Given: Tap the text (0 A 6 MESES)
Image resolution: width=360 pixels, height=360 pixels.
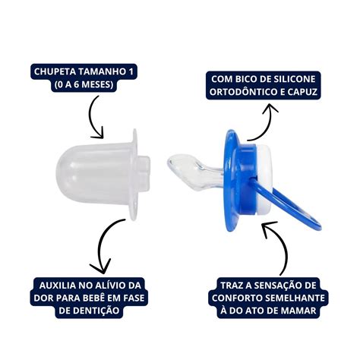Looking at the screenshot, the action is (x=83, y=84).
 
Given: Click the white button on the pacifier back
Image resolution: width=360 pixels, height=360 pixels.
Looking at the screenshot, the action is (x=264, y=181).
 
